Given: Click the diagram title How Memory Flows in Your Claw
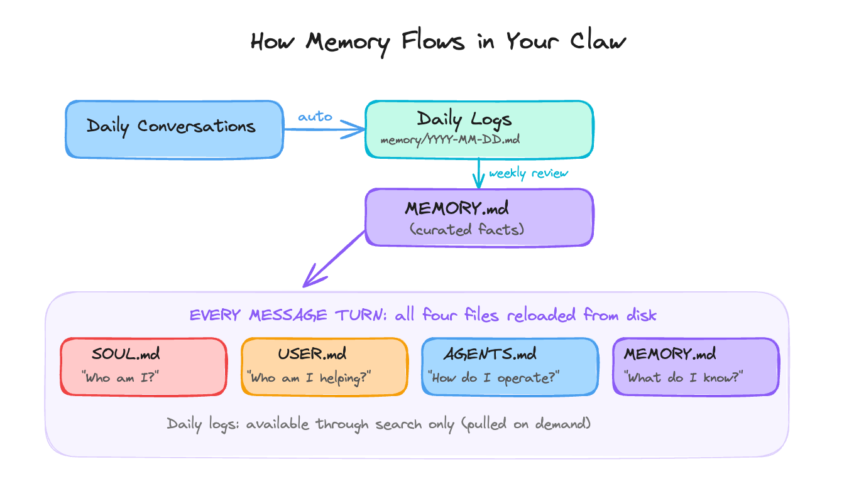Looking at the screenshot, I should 438,42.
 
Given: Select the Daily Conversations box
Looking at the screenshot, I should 174,129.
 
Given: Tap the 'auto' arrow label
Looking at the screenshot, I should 315,117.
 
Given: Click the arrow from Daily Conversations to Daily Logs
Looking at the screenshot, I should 324,130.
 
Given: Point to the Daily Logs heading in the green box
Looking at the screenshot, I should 464,119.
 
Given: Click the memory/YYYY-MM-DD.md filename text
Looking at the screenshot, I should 450,141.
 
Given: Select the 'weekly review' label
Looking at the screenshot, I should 528,173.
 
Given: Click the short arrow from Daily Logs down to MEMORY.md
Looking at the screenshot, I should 479,173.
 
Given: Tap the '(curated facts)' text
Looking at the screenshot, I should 466,230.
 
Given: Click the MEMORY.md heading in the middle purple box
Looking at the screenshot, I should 457,208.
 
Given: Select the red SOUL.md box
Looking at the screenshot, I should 143,367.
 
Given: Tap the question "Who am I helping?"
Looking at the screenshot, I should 309,378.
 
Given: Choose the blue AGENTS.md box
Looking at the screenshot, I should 509,367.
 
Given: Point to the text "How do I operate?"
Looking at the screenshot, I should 494,378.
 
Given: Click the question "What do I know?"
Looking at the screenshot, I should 684,378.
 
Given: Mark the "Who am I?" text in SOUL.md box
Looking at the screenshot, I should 120,378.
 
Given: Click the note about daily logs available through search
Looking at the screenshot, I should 379,424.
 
